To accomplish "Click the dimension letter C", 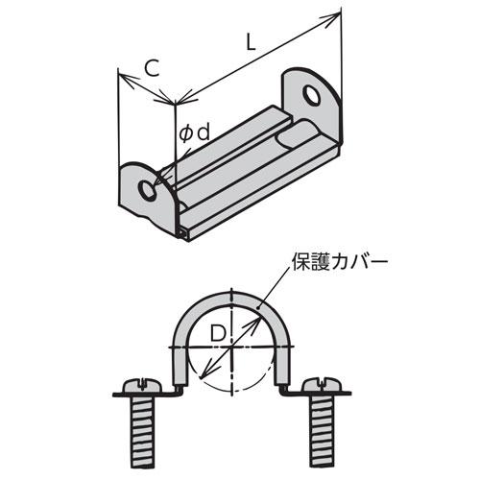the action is pos(152,68).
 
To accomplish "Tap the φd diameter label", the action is pos(194,133).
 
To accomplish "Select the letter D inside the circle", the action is pos(218,333).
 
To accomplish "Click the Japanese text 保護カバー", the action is pos(340,263).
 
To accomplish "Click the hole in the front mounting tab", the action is pos(148,190).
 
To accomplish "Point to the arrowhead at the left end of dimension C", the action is pos(126,80).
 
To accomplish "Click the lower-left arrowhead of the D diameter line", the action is pos(204,372).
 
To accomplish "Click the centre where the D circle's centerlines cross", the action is pos(231,347).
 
